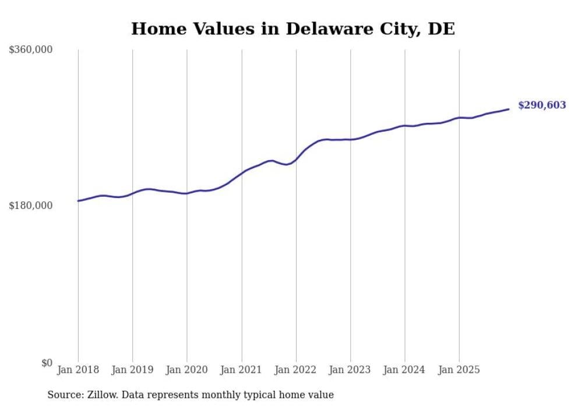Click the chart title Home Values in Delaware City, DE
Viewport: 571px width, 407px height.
[292, 29]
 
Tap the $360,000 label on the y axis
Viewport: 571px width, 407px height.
[31, 50]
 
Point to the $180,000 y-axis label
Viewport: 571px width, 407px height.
[31, 206]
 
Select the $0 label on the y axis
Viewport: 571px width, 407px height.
[47, 363]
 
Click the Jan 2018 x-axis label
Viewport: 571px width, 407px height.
[78, 370]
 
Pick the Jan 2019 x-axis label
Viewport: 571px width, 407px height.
[133, 370]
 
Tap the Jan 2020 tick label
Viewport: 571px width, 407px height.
[187, 370]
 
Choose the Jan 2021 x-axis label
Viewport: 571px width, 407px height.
[241, 370]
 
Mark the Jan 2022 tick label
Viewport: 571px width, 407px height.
[296, 370]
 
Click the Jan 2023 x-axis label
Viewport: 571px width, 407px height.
[350, 370]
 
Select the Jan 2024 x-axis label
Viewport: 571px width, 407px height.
[405, 370]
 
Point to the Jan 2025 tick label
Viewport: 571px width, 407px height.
[459, 370]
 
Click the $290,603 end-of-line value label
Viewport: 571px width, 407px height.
[542, 105]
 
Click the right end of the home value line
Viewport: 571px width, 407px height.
[509, 109]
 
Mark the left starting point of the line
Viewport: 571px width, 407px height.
[78, 201]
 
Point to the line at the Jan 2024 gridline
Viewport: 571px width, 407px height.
[405, 126]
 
